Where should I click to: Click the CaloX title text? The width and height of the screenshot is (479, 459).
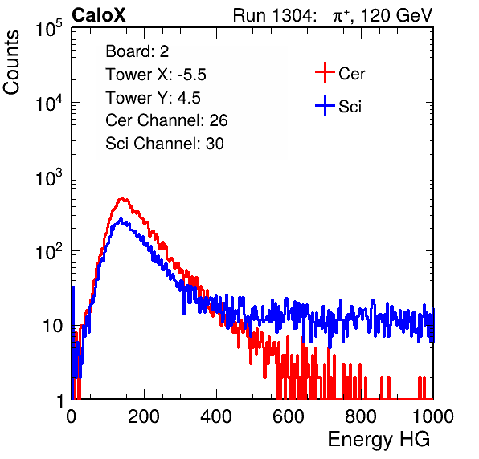[99, 15]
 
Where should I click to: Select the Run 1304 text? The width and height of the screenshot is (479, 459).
[272, 15]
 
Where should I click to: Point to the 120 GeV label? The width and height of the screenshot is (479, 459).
[396, 15]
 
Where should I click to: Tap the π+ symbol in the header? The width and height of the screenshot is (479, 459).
[342, 16]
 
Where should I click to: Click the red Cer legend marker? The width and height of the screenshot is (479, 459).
[325, 72]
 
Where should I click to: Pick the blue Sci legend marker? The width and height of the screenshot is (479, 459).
[325, 105]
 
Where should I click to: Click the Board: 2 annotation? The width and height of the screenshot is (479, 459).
[137, 51]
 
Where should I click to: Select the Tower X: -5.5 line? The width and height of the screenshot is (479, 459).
[156, 75]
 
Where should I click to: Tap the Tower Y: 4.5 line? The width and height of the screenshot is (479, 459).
[153, 98]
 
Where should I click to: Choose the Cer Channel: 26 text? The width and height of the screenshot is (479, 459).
[166, 120]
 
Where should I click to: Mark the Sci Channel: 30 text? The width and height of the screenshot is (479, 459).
[165, 144]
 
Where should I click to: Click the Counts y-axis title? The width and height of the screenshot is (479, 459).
[11, 63]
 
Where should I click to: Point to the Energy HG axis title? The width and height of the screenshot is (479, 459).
[379, 440]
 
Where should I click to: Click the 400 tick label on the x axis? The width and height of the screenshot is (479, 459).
[216, 416]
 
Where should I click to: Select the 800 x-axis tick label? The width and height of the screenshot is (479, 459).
[361, 416]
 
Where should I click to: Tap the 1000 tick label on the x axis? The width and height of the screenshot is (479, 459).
[433, 416]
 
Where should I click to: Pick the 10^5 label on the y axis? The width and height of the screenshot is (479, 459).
[49, 28]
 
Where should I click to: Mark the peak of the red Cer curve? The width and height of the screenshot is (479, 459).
[122, 199]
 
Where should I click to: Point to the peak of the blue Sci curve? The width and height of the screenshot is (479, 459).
[121, 219]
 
